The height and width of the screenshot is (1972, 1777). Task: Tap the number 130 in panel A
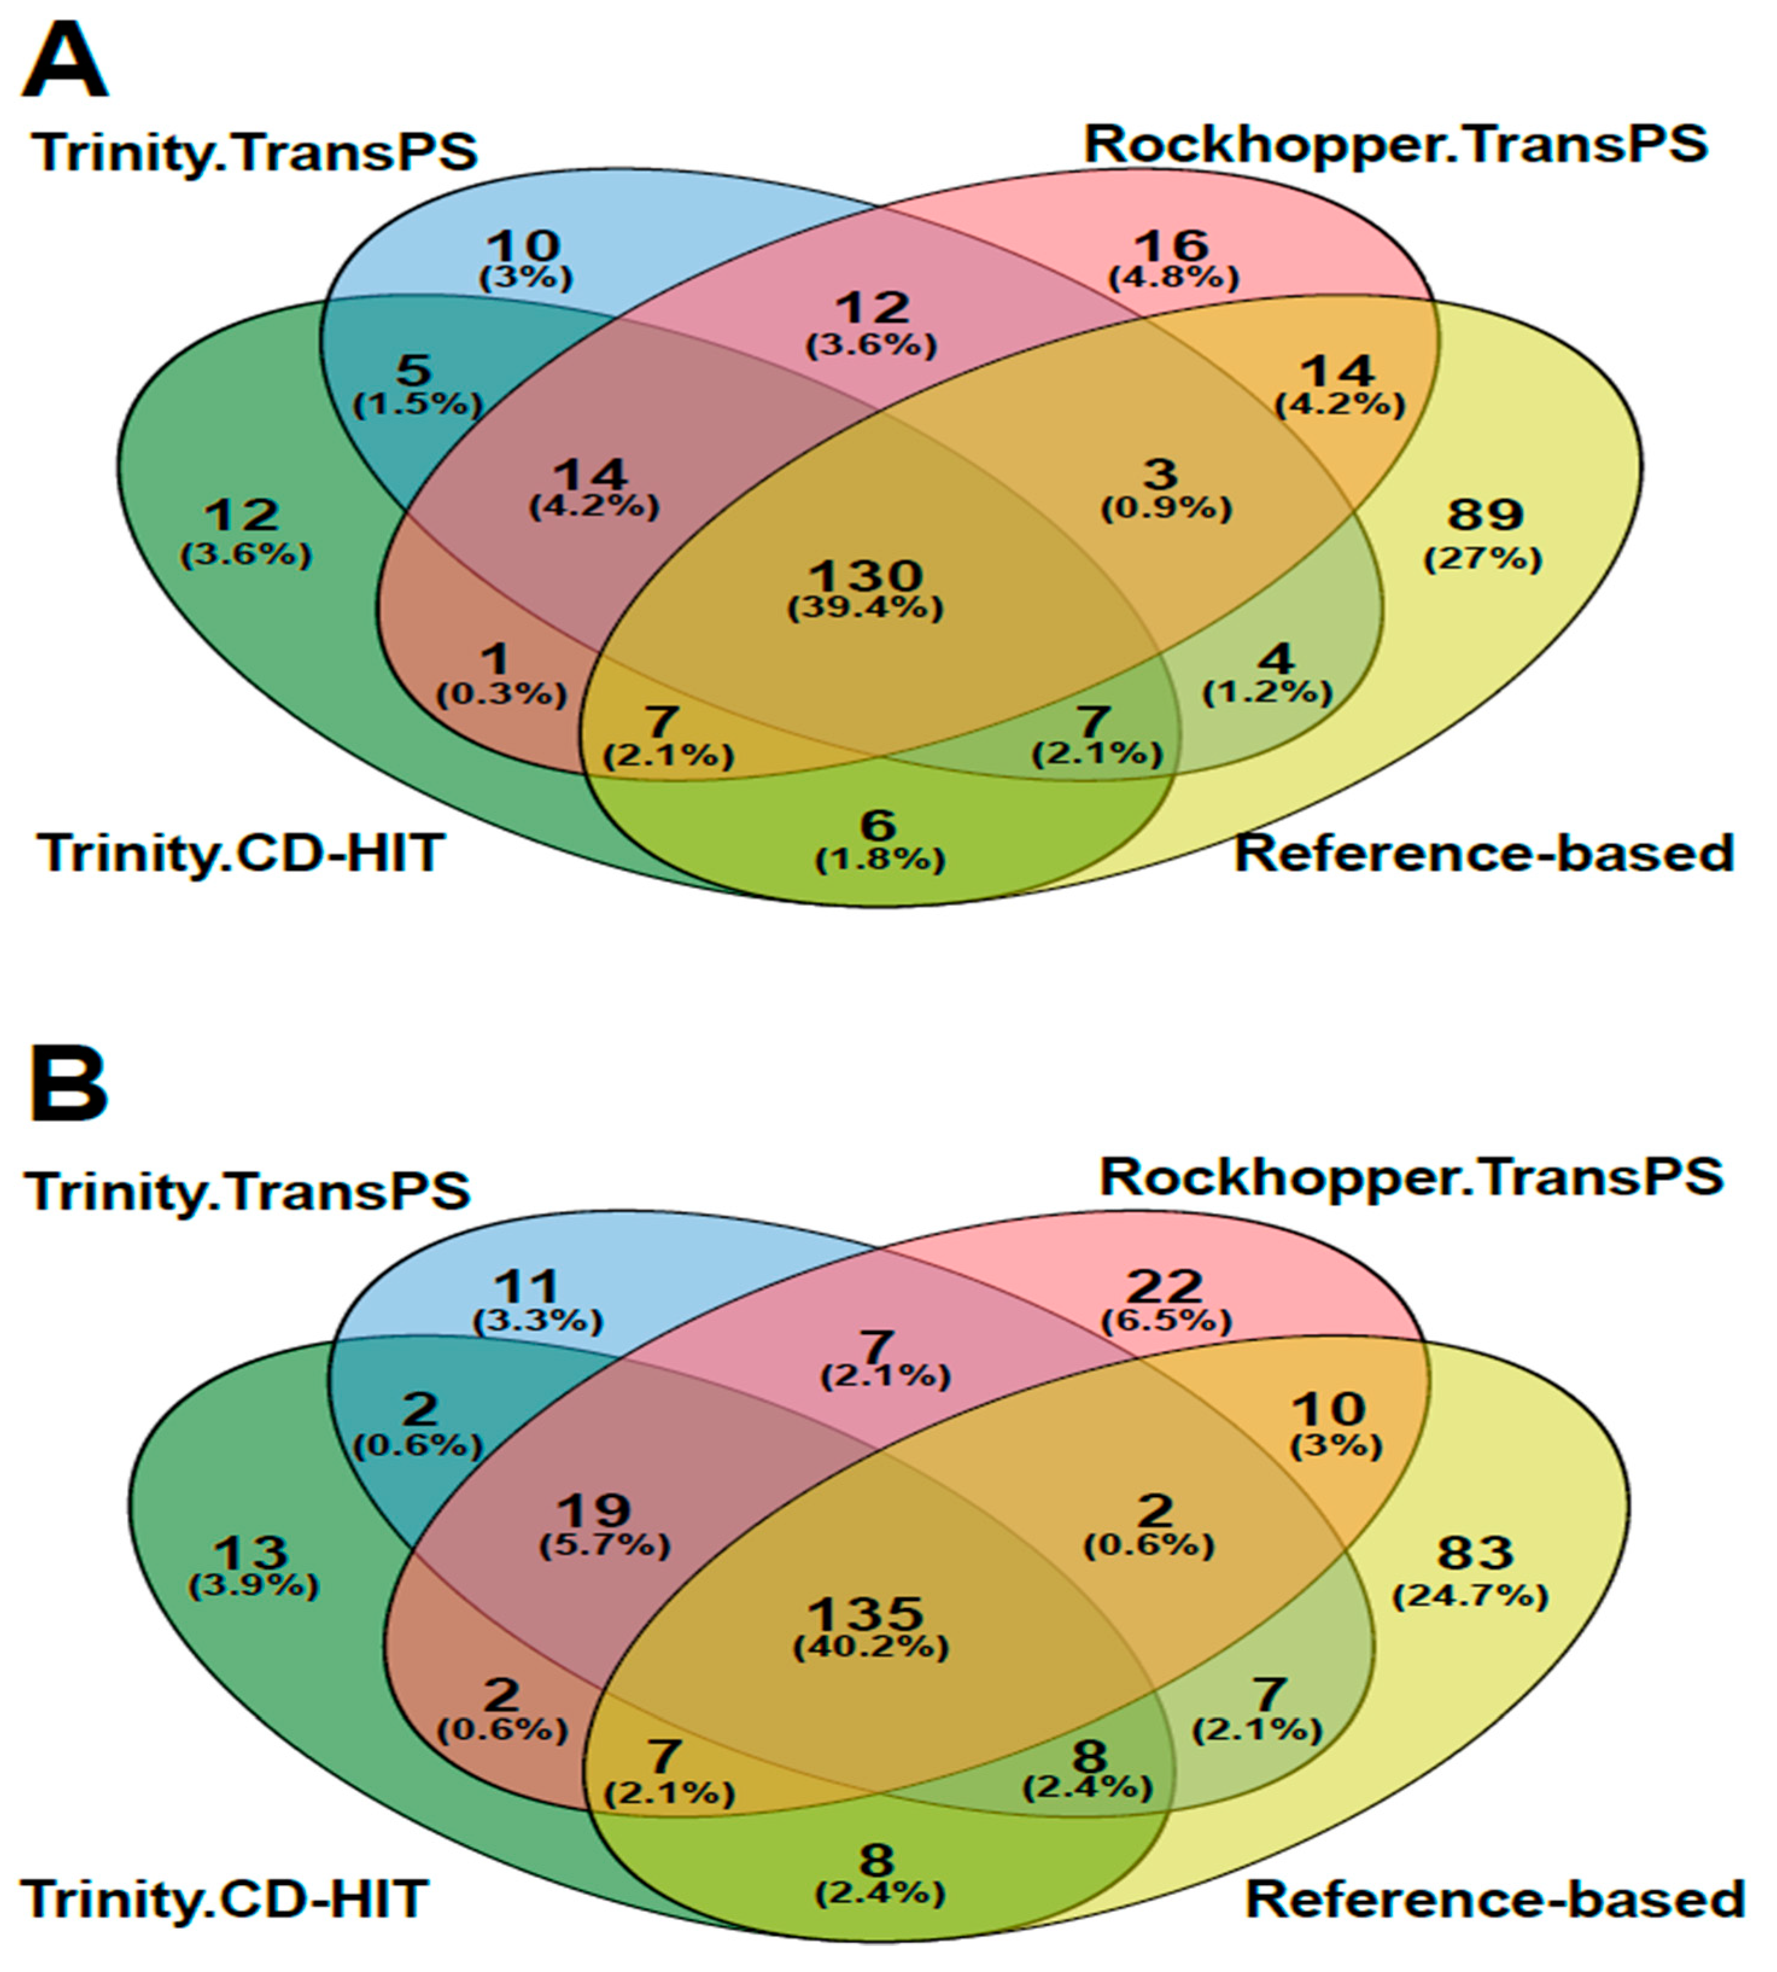tap(866, 574)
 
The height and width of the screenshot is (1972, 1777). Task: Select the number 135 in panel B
tap(867, 1614)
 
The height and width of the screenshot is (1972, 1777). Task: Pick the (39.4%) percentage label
tap(866, 608)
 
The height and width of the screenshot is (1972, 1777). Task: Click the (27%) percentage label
tap(1483, 559)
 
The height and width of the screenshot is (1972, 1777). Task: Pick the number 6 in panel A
tap(878, 825)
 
